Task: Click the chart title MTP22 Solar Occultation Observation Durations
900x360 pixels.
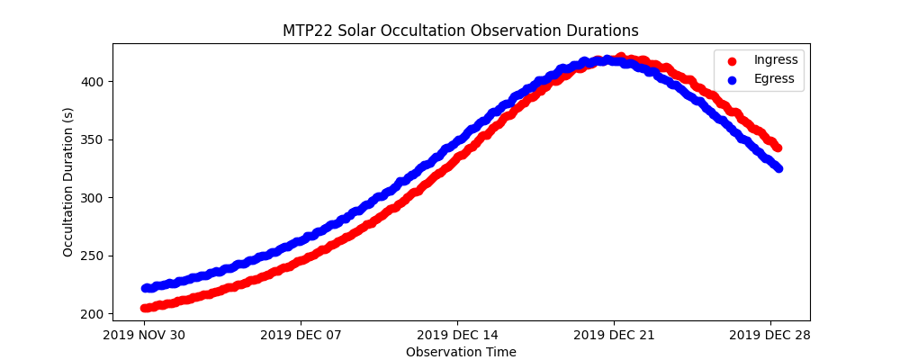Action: (x=461, y=31)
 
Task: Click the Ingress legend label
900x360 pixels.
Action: (x=776, y=60)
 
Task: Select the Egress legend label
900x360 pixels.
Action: (x=774, y=78)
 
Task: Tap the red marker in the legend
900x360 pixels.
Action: (x=732, y=60)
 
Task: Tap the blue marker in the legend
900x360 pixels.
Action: (x=732, y=78)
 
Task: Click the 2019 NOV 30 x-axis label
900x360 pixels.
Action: (x=144, y=335)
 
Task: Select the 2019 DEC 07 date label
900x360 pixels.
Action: (x=301, y=335)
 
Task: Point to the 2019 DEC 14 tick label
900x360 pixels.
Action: (x=457, y=335)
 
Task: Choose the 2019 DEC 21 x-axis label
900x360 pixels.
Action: (x=614, y=335)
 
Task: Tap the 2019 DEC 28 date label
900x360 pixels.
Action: (x=770, y=335)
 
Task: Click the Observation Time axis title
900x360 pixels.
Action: (x=461, y=352)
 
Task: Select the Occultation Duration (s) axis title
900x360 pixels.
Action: (x=68, y=182)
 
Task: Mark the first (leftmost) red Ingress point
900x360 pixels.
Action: (x=146, y=308)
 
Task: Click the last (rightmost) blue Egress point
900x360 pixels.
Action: (x=778, y=168)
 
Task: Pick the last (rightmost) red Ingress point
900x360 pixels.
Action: (x=777, y=148)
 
